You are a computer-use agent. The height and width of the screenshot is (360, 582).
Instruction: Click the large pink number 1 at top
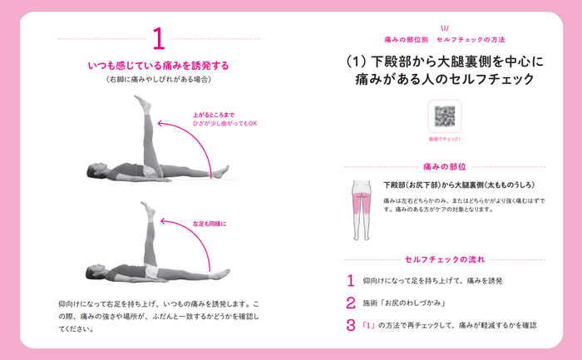pos(158,39)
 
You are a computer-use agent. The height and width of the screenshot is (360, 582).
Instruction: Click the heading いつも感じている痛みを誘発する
pos(158,65)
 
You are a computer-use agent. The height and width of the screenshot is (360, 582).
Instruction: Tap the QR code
pos(444,116)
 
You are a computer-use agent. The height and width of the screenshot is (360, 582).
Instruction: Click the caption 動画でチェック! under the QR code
pos(444,139)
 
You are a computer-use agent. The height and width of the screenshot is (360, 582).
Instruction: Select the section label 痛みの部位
pos(444,166)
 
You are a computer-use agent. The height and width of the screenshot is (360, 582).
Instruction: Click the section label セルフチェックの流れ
pos(444,259)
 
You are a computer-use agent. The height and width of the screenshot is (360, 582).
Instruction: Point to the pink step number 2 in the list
pos(351,303)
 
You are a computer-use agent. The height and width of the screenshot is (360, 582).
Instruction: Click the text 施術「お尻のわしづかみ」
pos(399,303)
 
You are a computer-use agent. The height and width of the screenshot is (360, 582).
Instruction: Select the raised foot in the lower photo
pos(147,208)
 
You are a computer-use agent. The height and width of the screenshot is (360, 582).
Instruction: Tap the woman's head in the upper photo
pos(94,172)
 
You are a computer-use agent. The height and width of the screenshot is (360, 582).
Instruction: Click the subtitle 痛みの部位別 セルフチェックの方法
pos(444,39)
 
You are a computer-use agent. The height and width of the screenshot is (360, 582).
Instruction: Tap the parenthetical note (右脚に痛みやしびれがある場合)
pos(158,80)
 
